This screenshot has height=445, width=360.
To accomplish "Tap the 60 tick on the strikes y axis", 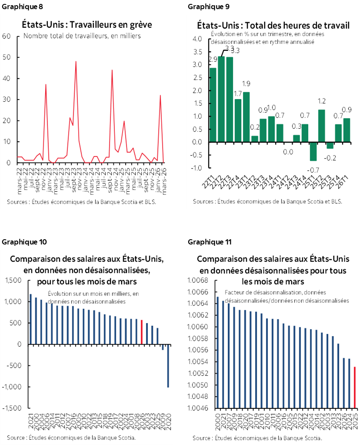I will coord(7,36).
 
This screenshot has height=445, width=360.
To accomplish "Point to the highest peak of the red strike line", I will coord(76,62).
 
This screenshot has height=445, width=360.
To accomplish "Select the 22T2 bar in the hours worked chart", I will coord(221,99).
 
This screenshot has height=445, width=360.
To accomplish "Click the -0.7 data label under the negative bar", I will coord(313,169).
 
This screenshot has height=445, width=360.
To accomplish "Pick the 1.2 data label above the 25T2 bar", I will coord(322,101).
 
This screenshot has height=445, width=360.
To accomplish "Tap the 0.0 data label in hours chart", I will coord(287,152).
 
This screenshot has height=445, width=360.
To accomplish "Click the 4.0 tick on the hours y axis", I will coord(197,39).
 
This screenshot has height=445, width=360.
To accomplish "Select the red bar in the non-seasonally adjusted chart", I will coord(141,332).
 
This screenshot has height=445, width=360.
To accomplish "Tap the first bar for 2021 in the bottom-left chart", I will coord(30,319).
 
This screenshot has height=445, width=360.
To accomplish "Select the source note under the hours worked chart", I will coord(267,201).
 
